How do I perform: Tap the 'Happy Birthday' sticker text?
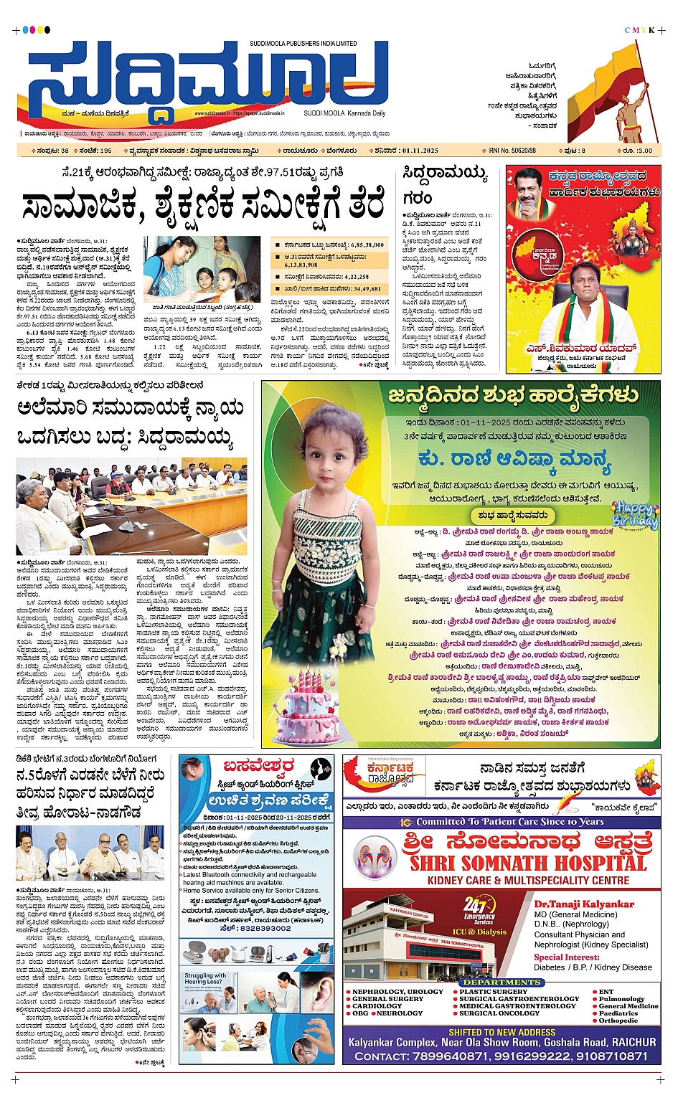pyautogui.click(x=635, y=515)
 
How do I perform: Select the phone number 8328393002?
pyautogui.click(x=265, y=928)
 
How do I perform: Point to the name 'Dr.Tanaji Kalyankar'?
pyautogui.click(x=584, y=904)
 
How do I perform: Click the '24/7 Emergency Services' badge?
pyautogui.click(x=479, y=909)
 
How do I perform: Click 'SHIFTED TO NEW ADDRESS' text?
pyautogui.click(x=502, y=1032)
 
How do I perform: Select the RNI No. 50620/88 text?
pyautogui.click(x=512, y=151)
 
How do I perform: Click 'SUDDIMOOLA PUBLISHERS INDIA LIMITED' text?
pyautogui.click(x=303, y=44)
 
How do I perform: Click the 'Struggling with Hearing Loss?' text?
pyautogui.click(x=205, y=979)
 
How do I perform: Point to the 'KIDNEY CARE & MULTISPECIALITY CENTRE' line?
pyautogui.click(x=528, y=880)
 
